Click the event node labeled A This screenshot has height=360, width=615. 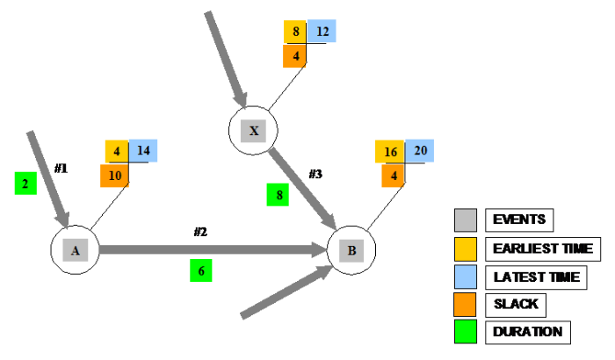click(x=75, y=250)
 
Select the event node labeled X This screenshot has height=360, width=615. click(x=253, y=131)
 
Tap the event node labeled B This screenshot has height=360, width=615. click(x=351, y=250)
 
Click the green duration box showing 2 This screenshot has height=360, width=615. click(x=25, y=184)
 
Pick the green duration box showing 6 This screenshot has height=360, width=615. click(x=201, y=271)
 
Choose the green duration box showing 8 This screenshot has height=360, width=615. click(x=279, y=195)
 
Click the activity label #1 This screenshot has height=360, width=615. click(x=61, y=167)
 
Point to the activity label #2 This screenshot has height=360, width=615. click(x=200, y=232)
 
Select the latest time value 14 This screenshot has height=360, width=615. click(x=144, y=150)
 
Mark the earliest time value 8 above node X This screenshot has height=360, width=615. click(x=295, y=32)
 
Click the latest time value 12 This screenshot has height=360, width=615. click(x=322, y=32)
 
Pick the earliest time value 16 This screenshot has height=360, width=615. click(x=389, y=151)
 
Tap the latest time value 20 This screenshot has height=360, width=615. click(x=419, y=151)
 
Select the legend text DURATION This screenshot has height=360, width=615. click(x=529, y=332)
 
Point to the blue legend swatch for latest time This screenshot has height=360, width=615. click(x=466, y=277)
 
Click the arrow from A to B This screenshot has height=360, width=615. click(x=211, y=250)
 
